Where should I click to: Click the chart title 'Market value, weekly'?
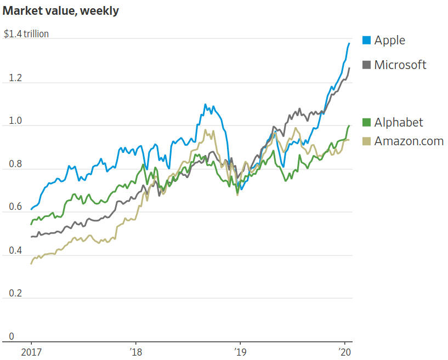61,11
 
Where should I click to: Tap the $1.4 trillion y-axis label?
26,34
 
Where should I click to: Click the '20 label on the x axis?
344,351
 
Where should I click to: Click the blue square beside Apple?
366,41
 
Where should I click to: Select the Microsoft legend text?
400,65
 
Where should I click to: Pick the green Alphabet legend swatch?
366,122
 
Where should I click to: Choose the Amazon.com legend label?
409,141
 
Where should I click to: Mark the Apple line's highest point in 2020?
349,43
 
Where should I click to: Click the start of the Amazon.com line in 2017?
31,264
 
